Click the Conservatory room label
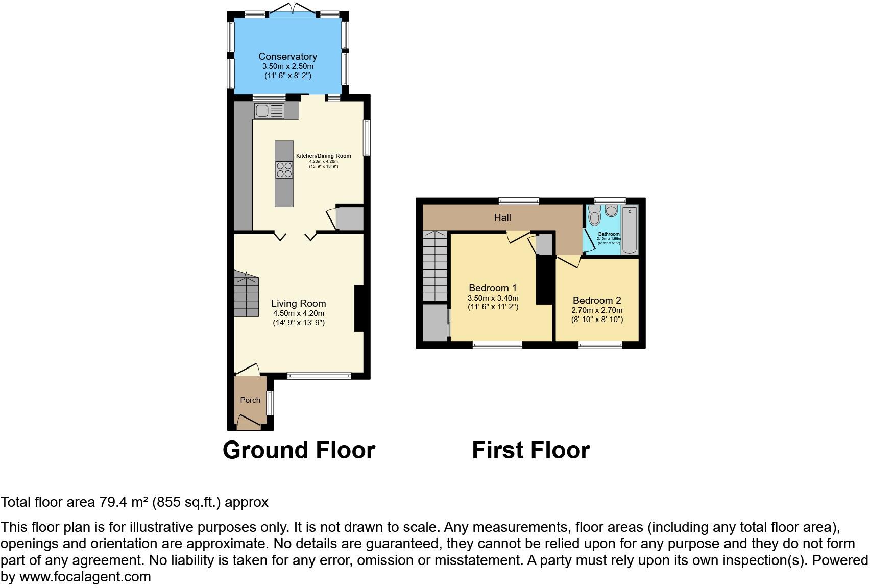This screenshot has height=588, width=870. tap(287, 56)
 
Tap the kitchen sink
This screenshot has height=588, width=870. tap(269, 111)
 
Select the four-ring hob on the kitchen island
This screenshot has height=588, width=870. tap(284, 169)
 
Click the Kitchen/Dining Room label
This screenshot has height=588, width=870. tap(323, 156)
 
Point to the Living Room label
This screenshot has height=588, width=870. tap(298, 303)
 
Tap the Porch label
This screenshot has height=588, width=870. tap(250, 400)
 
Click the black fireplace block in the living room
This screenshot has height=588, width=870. tap(359, 309)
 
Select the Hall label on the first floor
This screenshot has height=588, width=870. tap(502, 218)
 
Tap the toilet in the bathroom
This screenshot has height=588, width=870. tap(594, 216)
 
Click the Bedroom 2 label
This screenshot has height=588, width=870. tap(597, 300)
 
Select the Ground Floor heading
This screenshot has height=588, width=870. tap(299, 450)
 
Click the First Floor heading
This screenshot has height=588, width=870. tap(530, 450)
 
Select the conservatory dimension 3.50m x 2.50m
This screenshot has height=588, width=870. tap(287, 66)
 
